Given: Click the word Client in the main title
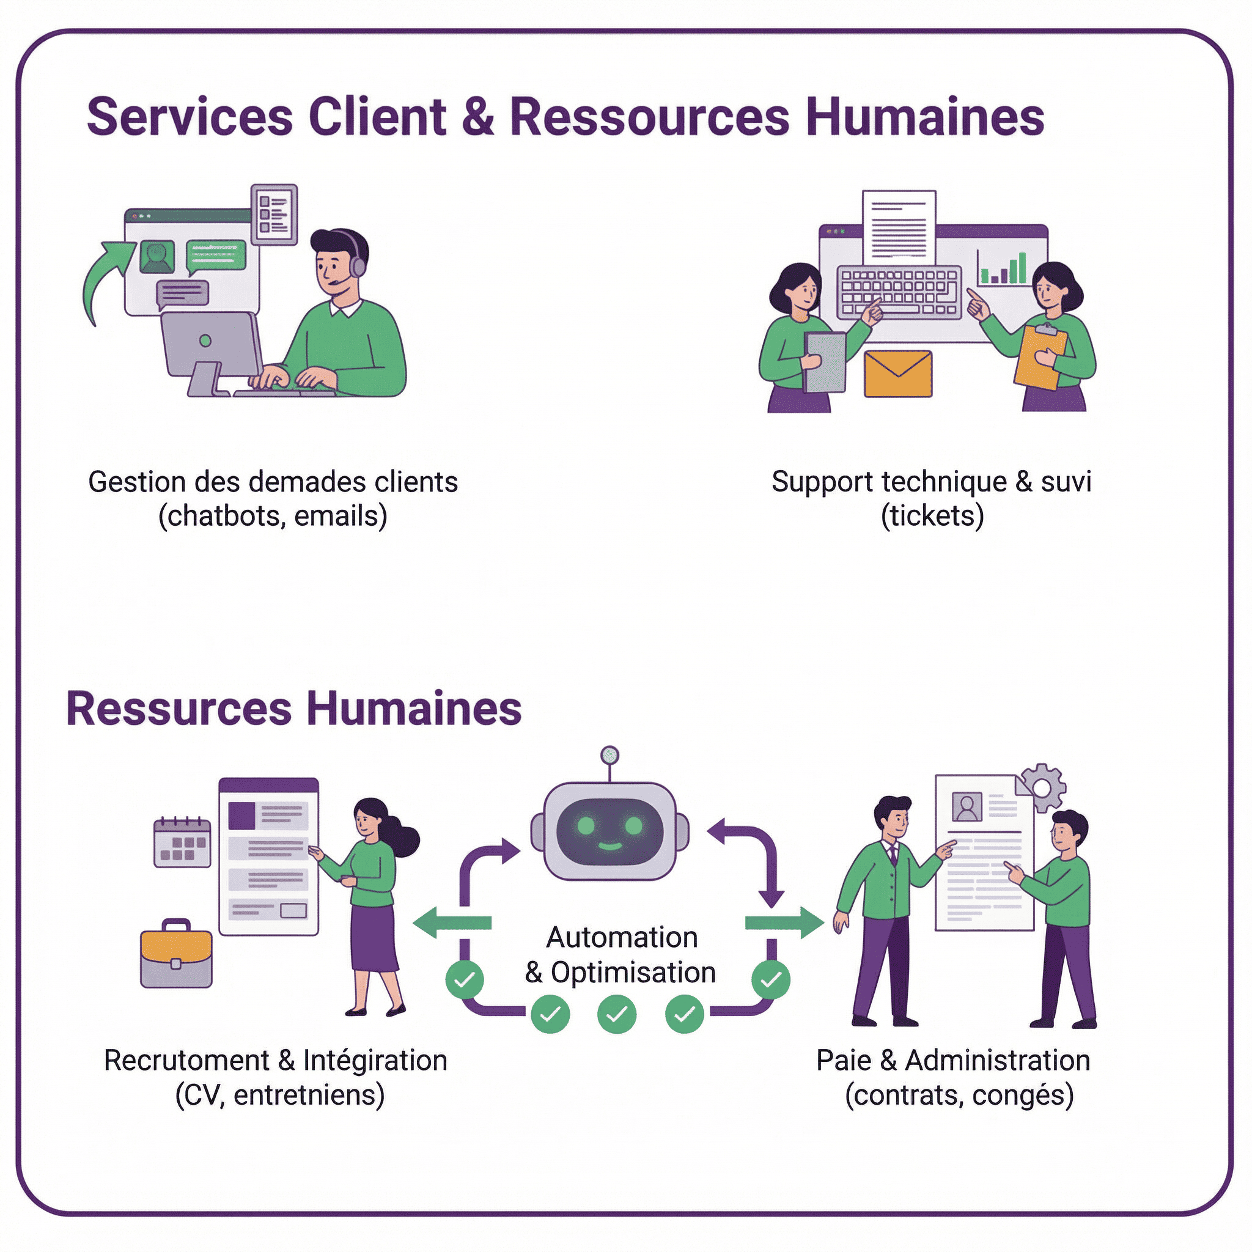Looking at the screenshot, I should click(x=377, y=117).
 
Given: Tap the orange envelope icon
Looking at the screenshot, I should click(x=898, y=374).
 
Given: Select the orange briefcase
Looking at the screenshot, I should click(x=176, y=954).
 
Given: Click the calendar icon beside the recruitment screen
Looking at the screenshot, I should click(x=182, y=842).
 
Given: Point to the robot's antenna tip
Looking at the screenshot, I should click(x=609, y=755).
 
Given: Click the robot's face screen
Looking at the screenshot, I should click(x=609, y=831).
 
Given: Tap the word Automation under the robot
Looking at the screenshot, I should click(x=622, y=937).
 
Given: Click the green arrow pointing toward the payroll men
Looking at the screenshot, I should click(x=784, y=922).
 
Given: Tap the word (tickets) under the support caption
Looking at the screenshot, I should click(x=932, y=516).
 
